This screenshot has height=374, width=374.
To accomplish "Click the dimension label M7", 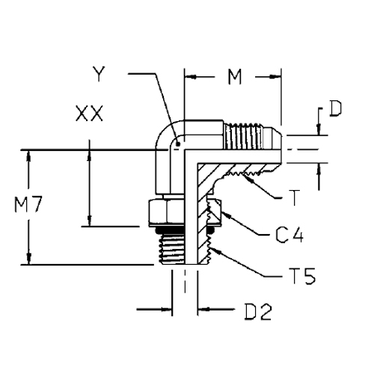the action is click(x=28, y=204).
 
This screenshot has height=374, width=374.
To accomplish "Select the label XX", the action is click(x=89, y=114).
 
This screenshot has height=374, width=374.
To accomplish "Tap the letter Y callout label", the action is click(x=99, y=74).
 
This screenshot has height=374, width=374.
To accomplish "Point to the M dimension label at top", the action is click(x=235, y=77).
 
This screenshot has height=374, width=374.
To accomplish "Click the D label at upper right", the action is click(x=335, y=108).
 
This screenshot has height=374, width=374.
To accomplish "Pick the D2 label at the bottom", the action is click(x=258, y=312).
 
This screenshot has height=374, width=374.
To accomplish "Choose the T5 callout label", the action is click(x=303, y=276).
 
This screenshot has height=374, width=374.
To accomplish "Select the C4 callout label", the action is click(x=289, y=235).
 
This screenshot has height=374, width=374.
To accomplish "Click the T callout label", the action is click(x=295, y=197).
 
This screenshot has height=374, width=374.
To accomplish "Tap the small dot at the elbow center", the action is click(x=178, y=144).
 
